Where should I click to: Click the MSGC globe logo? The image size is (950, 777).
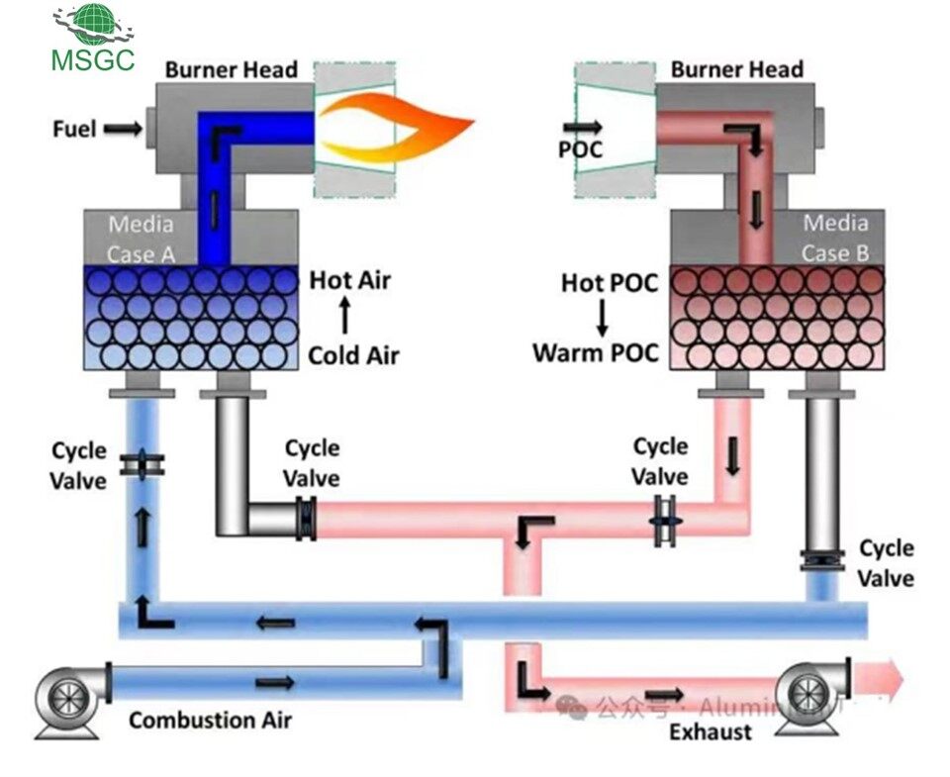(x=93, y=26)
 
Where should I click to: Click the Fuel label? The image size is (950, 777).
(x=74, y=129)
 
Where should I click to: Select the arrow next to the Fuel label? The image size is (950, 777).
(x=123, y=129)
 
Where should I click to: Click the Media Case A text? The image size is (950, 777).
(x=141, y=239)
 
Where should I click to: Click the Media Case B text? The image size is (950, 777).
(x=834, y=239)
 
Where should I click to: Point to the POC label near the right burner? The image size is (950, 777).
(x=581, y=149)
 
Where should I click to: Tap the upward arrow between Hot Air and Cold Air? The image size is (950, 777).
(x=345, y=317)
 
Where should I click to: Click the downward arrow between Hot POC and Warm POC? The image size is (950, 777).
(x=601, y=317)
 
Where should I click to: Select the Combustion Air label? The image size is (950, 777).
(x=210, y=720)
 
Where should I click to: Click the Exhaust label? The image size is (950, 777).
(x=710, y=732)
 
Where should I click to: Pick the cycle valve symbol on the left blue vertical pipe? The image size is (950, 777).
(x=143, y=465)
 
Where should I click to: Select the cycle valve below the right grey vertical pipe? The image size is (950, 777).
(x=822, y=562)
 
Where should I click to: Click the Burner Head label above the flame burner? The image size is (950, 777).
(x=231, y=70)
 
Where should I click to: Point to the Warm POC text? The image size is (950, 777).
(x=596, y=352)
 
